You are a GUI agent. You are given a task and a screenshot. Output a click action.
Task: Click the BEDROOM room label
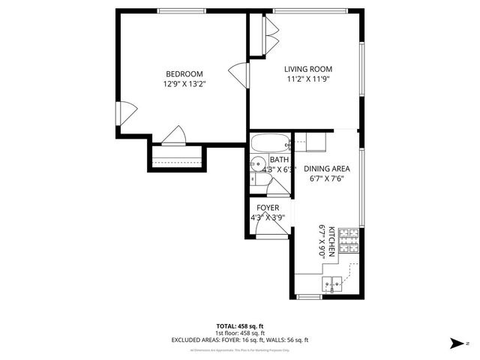[184, 73]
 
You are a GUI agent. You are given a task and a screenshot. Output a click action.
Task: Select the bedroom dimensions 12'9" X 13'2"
[184, 84]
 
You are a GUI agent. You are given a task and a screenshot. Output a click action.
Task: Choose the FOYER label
[268, 208]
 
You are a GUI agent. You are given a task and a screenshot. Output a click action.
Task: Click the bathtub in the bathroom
[270, 143]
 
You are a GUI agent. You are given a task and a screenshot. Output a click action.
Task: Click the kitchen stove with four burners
[349, 242]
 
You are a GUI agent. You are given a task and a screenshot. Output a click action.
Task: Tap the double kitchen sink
[334, 283]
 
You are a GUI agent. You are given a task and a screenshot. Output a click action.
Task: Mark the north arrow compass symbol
[455, 344]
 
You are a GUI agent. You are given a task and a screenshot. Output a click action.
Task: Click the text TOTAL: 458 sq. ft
[240, 326]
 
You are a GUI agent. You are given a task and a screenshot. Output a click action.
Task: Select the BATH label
[279, 160]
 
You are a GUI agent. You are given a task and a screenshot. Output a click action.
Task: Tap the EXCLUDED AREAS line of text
[240, 340]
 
